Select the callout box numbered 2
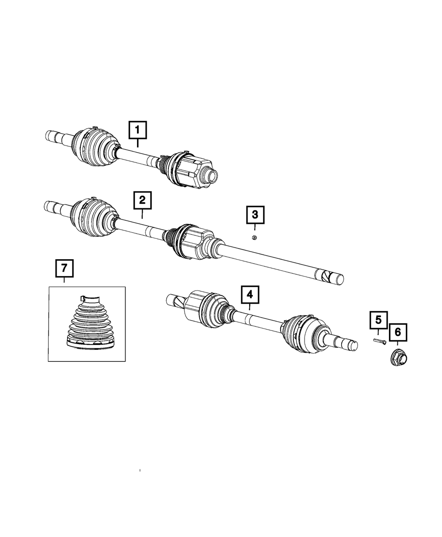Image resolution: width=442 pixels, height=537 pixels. (142, 200)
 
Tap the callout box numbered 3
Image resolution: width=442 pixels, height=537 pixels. (255, 216)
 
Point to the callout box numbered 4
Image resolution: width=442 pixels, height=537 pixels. (250, 294)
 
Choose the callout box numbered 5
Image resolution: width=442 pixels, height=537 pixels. (378, 319)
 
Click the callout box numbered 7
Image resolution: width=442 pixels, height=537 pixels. (64, 268)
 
